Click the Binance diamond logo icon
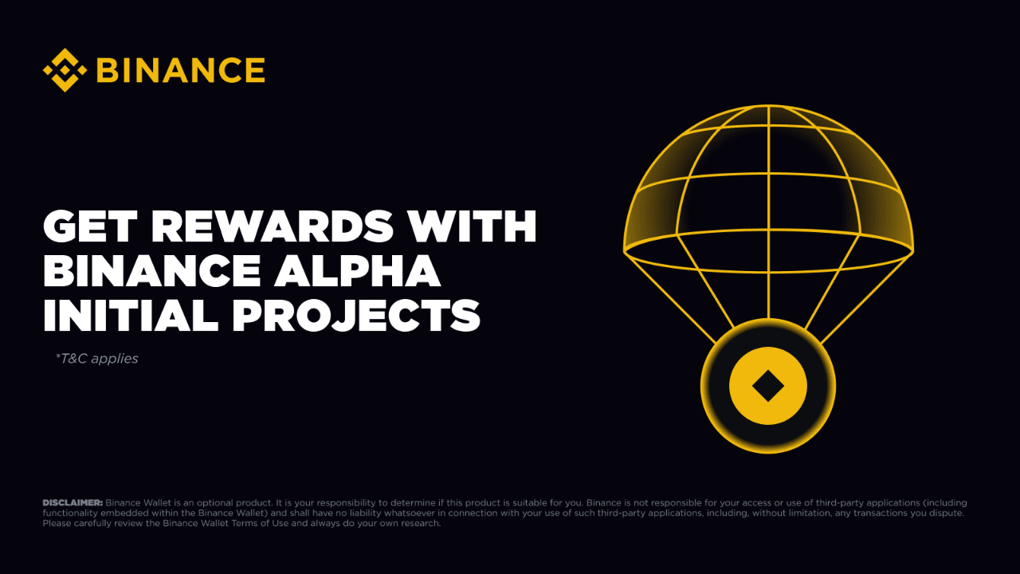point(65,70)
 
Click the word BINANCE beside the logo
point(181,70)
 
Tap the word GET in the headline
point(88,227)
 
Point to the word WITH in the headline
point(478,227)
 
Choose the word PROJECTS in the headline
point(356,316)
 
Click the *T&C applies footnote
point(97,359)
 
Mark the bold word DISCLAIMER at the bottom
point(73,503)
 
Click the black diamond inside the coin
point(768,387)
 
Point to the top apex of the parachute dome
point(768,106)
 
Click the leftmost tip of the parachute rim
point(625,251)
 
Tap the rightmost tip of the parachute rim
point(912,251)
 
